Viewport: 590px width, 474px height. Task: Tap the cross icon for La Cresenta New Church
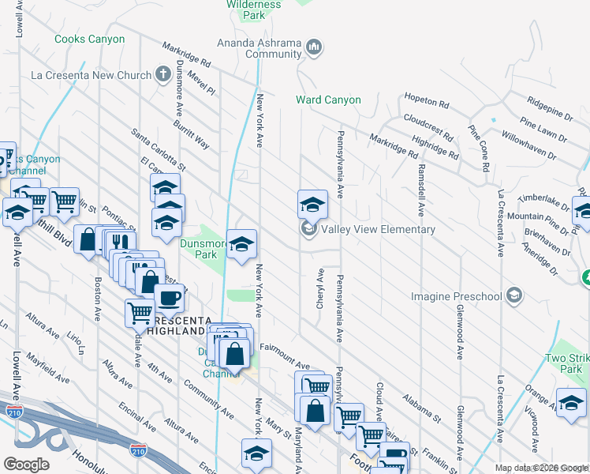pyautogui.click(x=163, y=75)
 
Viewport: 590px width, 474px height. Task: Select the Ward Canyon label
pyautogui.click(x=328, y=100)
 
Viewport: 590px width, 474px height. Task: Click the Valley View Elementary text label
pyautogui.click(x=379, y=230)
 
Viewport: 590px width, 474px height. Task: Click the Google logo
pyautogui.click(x=26, y=464)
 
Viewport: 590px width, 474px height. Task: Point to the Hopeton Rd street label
pyautogui.click(x=426, y=103)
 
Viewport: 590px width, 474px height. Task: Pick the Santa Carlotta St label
pyautogui.click(x=158, y=149)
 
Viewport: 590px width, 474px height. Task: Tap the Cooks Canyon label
pyautogui.click(x=89, y=39)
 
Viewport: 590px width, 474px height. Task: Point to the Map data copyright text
pyautogui.click(x=541, y=467)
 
